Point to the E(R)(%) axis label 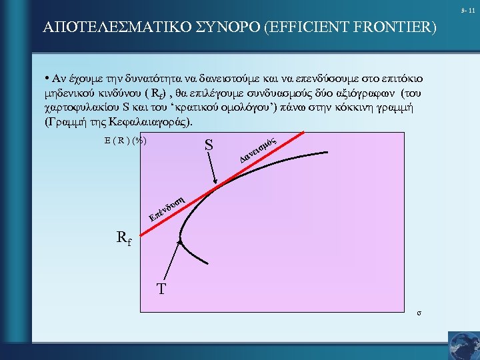coord(125,140)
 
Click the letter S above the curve coord(209,144)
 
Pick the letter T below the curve coord(161,289)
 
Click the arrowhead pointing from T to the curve coord(179,241)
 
